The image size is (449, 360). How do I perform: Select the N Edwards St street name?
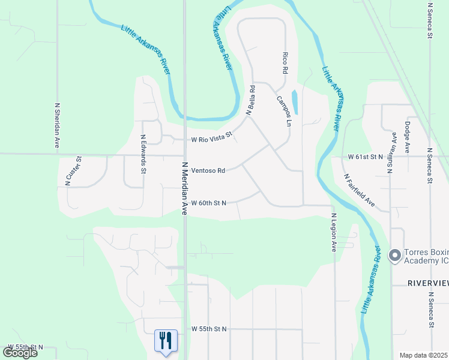pos(143,154)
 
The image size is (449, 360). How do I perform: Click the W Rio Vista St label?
pos(211,138)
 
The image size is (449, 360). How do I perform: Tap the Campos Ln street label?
pos(284,112)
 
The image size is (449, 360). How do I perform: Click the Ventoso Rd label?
pos(208,170)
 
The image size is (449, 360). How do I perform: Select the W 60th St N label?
pos(208,203)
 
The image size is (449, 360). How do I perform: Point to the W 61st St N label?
pos(365,156)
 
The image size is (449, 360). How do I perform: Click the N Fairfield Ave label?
pos(360,192)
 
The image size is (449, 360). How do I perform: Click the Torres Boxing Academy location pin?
pos(395,256)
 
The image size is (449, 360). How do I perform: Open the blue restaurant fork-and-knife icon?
pos(164,340)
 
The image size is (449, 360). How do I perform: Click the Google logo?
pos(20,352)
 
